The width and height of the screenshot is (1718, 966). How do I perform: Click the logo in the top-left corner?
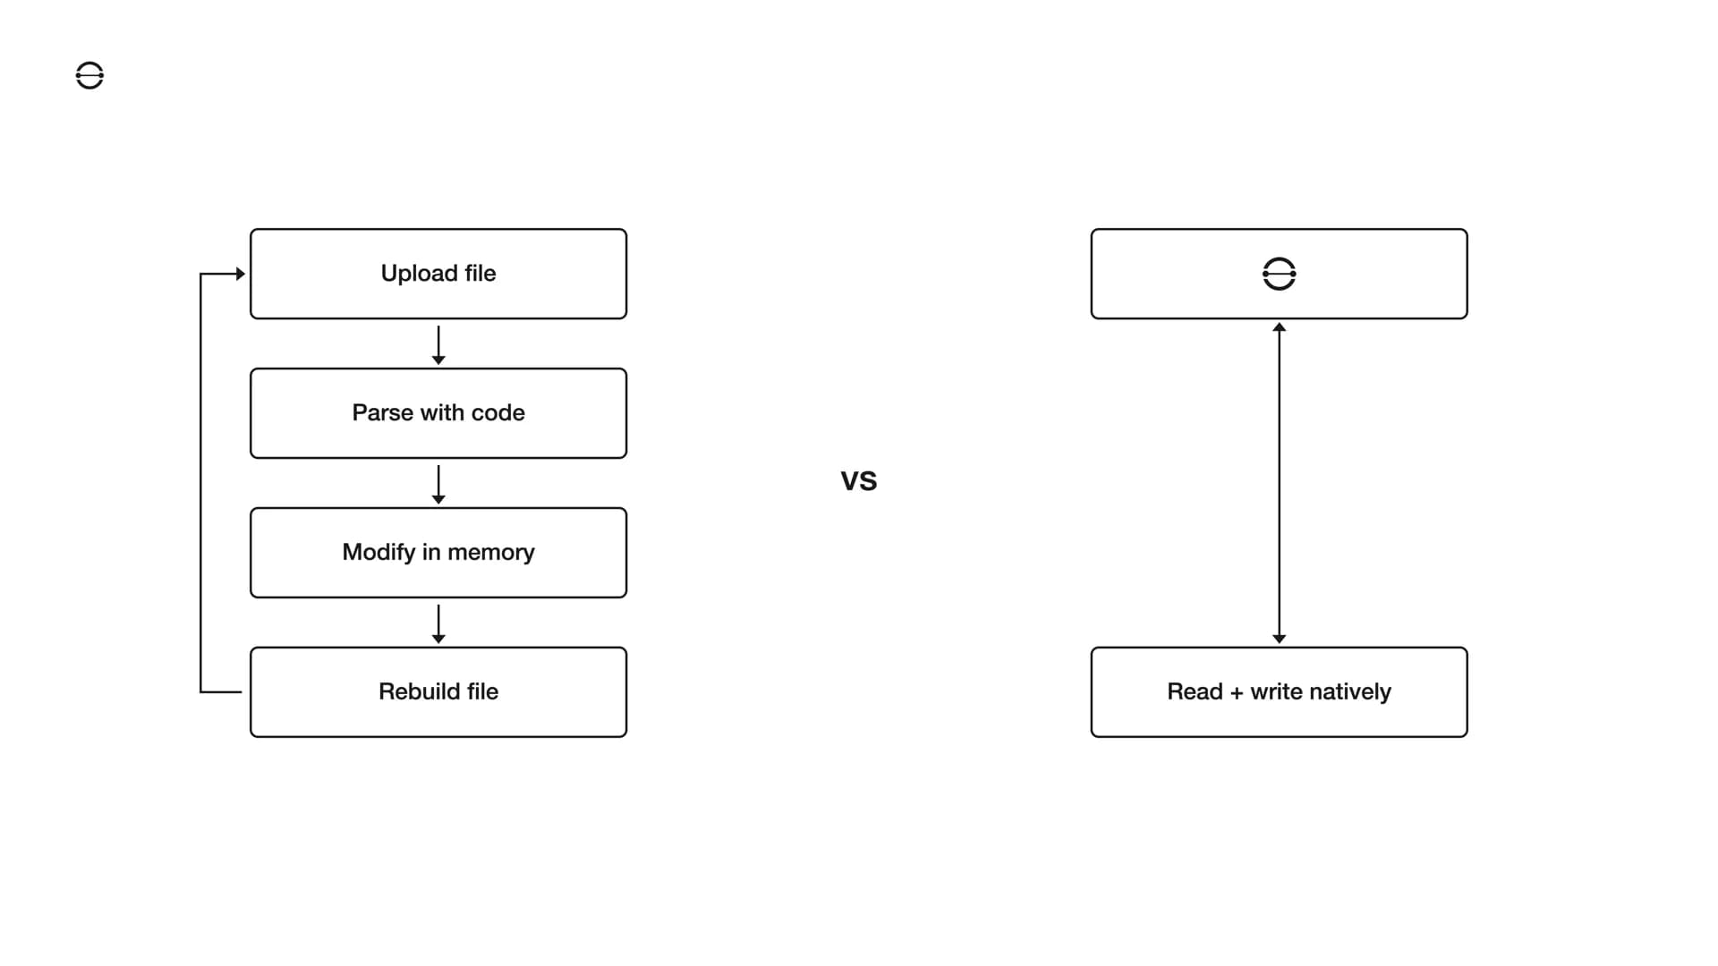click(89, 76)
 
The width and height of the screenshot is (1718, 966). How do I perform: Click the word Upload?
click(419, 274)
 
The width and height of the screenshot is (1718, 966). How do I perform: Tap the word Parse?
click(382, 413)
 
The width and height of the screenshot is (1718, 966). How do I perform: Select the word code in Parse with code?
click(498, 413)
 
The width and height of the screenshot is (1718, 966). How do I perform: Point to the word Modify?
click(378, 553)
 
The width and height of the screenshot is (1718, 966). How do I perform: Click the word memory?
click(490, 553)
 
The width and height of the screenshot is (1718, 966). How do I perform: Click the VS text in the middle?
click(859, 481)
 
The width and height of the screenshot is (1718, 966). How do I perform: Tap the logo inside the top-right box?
click(1279, 274)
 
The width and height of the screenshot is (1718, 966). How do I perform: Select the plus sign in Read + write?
click(1236, 693)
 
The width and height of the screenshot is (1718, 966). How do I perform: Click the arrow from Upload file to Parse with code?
click(438, 345)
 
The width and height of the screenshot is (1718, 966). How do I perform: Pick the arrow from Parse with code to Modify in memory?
click(438, 485)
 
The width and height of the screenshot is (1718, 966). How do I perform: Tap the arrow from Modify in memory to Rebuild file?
click(438, 624)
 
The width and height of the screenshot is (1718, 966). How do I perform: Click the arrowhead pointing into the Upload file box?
click(240, 274)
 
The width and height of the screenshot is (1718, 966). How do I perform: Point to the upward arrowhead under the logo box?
click(1279, 328)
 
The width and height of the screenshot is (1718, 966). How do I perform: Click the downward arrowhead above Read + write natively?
click(1279, 638)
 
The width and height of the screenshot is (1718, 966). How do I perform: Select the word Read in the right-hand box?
click(1195, 692)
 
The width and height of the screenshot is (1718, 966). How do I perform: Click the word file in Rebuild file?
click(481, 692)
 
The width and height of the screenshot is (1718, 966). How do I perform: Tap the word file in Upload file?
click(480, 274)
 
